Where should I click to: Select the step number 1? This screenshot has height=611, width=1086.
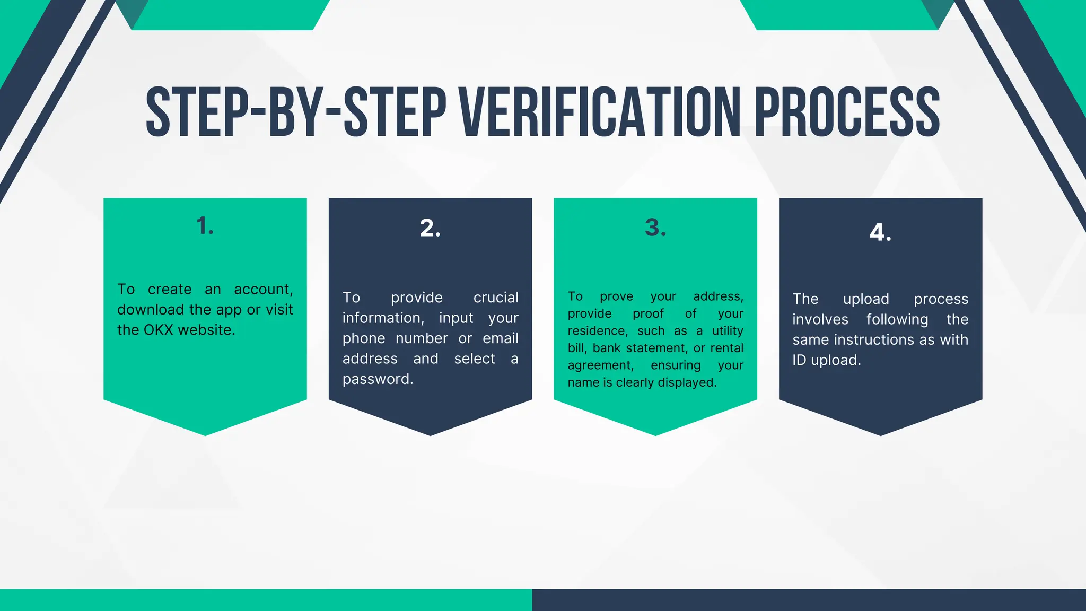coord(205,226)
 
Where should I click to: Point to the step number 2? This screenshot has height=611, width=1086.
coord(430,228)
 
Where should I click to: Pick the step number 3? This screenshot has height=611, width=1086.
coord(655,228)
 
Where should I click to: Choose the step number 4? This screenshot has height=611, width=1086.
coord(880,232)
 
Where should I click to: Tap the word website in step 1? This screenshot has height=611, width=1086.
coord(206,330)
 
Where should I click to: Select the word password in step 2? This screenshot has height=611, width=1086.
coord(378,379)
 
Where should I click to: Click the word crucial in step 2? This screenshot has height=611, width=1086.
coord(496,298)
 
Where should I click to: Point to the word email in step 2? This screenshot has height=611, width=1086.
coord(501,338)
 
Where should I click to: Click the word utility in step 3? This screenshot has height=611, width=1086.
coord(728,331)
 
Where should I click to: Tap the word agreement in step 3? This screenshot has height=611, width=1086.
coord(600,365)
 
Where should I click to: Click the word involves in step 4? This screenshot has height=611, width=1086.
coord(820,319)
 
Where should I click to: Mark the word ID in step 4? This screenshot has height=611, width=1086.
coord(799,360)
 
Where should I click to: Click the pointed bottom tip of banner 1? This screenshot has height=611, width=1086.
coord(205,434)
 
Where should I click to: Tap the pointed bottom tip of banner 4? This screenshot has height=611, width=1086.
coord(881,434)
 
